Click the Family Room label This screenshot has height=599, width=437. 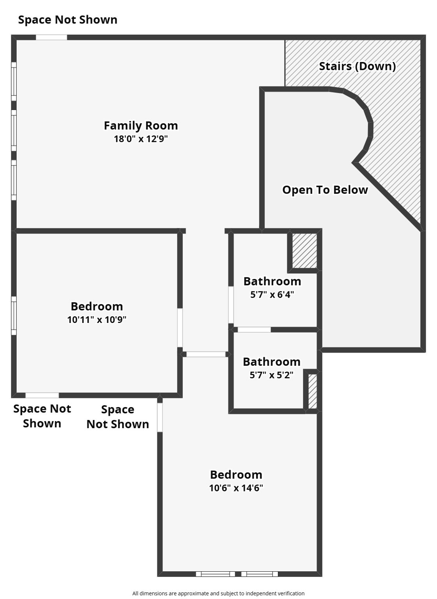pyautogui.click(x=141, y=126)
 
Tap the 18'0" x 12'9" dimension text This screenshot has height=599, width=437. pyautogui.click(x=141, y=139)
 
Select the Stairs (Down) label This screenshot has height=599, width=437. pyautogui.click(x=357, y=66)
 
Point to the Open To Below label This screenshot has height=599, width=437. pyautogui.click(x=325, y=190)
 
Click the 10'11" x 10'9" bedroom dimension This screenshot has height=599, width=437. pyautogui.click(x=97, y=320)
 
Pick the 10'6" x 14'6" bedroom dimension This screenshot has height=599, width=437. pyautogui.click(x=236, y=488)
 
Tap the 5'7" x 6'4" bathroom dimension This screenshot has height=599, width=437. pyautogui.click(x=272, y=294)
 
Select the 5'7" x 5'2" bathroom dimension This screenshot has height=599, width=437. pyautogui.click(x=271, y=375)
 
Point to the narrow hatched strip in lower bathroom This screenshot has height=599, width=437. pyautogui.click(x=312, y=391)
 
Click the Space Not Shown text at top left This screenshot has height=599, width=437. pyautogui.click(x=67, y=20)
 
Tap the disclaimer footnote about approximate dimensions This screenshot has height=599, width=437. pyautogui.click(x=218, y=593)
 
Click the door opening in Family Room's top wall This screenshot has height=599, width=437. pyautogui.click(x=51, y=37)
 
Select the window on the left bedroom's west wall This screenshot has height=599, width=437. pyautogui.click(x=14, y=315)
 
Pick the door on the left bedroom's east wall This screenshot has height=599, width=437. pyautogui.click(x=180, y=328)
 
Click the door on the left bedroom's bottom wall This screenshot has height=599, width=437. pyautogui.click(x=42, y=395)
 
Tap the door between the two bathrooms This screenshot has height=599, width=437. pyautogui.click(x=254, y=330)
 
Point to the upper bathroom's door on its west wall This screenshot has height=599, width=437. pyautogui.click(x=231, y=305)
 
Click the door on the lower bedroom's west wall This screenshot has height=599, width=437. pyautogui.click(x=160, y=417)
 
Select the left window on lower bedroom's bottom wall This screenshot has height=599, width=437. pyautogui.click(x=215, y=574)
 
